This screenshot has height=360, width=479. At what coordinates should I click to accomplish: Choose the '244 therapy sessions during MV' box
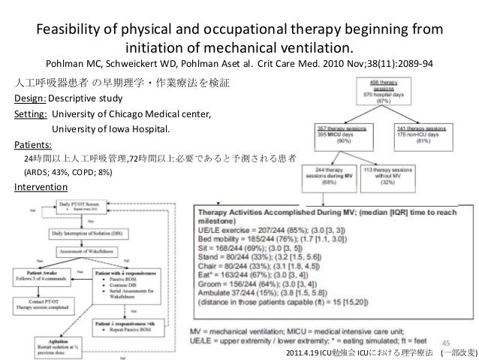[336, 175]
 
